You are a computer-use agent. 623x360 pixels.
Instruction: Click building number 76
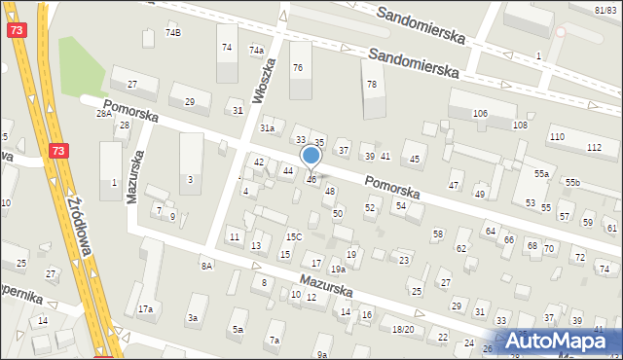pyautogui.click(x=297, y=67)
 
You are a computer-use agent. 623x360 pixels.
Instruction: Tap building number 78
pyautogui.click(x=371, y=85)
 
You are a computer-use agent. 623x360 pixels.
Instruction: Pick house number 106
pyautogui.click(x=480, y=114)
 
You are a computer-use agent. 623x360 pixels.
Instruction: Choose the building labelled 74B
pyautogui.click(x=172, y=33)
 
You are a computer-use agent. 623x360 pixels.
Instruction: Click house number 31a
pyautogui.click(x=267, y=128)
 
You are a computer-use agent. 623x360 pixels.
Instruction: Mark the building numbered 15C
pyautogui.click(x=293, y=237)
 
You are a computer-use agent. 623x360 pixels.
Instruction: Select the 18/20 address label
pyautogui.click(x=403, y=330)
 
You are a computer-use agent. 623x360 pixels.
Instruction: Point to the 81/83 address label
pyautogui.click(x=605, y=8)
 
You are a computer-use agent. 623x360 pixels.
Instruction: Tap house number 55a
pyautogui.click(x=541, y=174)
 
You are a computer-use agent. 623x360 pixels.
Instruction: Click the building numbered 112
pyautogui.click(x=594, y=147)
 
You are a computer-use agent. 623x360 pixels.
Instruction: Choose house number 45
pyautogui.click(x=415, y=159)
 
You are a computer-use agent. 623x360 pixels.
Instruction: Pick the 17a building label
pyautogui.click(x=145, y=309)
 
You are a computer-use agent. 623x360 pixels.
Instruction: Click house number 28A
pyautogui.click(x=103, y=114)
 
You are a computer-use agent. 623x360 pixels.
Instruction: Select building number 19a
pyautogui.click(x=337, y=270)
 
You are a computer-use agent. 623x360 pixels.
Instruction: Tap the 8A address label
pyautogui.click(x=206, y=266)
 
